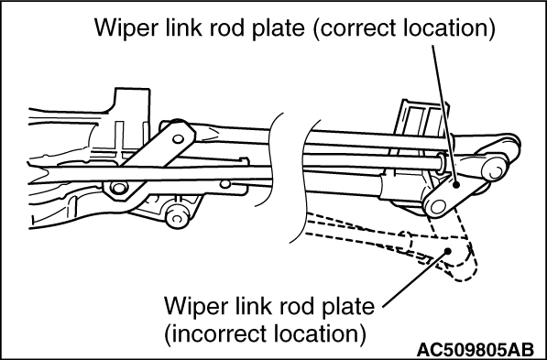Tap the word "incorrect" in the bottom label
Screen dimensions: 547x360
pyautogui.click(x=218, y=333)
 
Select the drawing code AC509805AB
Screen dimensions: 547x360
pyautogui.click(x=476, y=349)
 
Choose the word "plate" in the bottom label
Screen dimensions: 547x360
pyautogui.click(x=347, y=306)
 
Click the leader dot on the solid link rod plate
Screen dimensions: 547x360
pyautogui.click(x=456, y=186)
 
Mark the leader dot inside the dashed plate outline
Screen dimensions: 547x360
pyautogui.click(x=448, y=250)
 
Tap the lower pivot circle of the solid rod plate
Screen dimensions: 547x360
pyautogui.click(x=438, y=206)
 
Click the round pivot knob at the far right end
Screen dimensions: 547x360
pyautogui.click(x=495, y=169)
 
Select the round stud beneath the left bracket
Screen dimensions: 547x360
pyautogui.click(x=178, y=216)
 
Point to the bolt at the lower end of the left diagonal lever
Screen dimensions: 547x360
pyautogui.click(x=118, y=188)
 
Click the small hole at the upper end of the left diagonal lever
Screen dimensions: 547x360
pyautogui.click(x=179, y=139)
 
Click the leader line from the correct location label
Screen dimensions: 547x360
pyautogui.click(x=444, y=115)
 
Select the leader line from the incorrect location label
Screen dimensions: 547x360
pyautogui.click(x=415, y=278)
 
